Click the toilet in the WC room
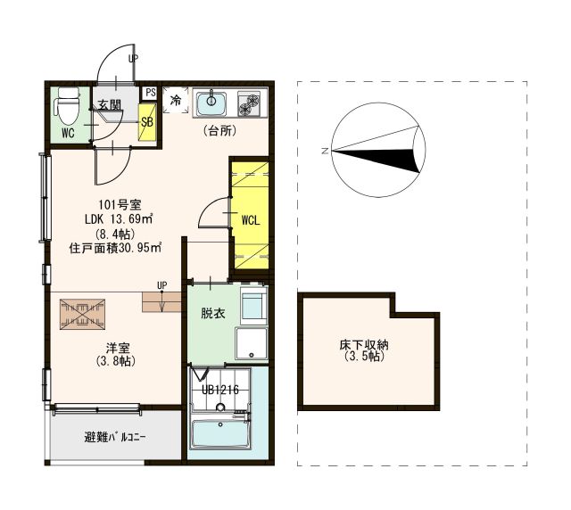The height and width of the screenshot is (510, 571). coord(66,106)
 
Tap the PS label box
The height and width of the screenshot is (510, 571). coord(150,93)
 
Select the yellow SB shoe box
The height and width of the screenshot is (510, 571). coord(147,122)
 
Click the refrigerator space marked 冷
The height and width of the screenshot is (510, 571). coord(176,100)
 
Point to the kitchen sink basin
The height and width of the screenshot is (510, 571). coord(211,104)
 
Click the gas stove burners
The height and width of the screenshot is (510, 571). coord(249,103)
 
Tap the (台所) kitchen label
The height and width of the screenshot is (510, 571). coord(219,131)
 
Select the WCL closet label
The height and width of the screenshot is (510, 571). coord(251,220)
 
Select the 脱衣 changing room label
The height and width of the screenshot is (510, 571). coord(213,313)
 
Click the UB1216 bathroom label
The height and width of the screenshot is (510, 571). coord(220,391)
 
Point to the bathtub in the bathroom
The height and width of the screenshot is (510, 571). coord(220,434)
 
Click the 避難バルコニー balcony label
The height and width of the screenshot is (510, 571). coord(115,437)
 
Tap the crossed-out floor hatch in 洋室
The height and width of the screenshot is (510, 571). coord(82,315)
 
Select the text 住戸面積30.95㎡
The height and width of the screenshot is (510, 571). coord(115,248)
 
